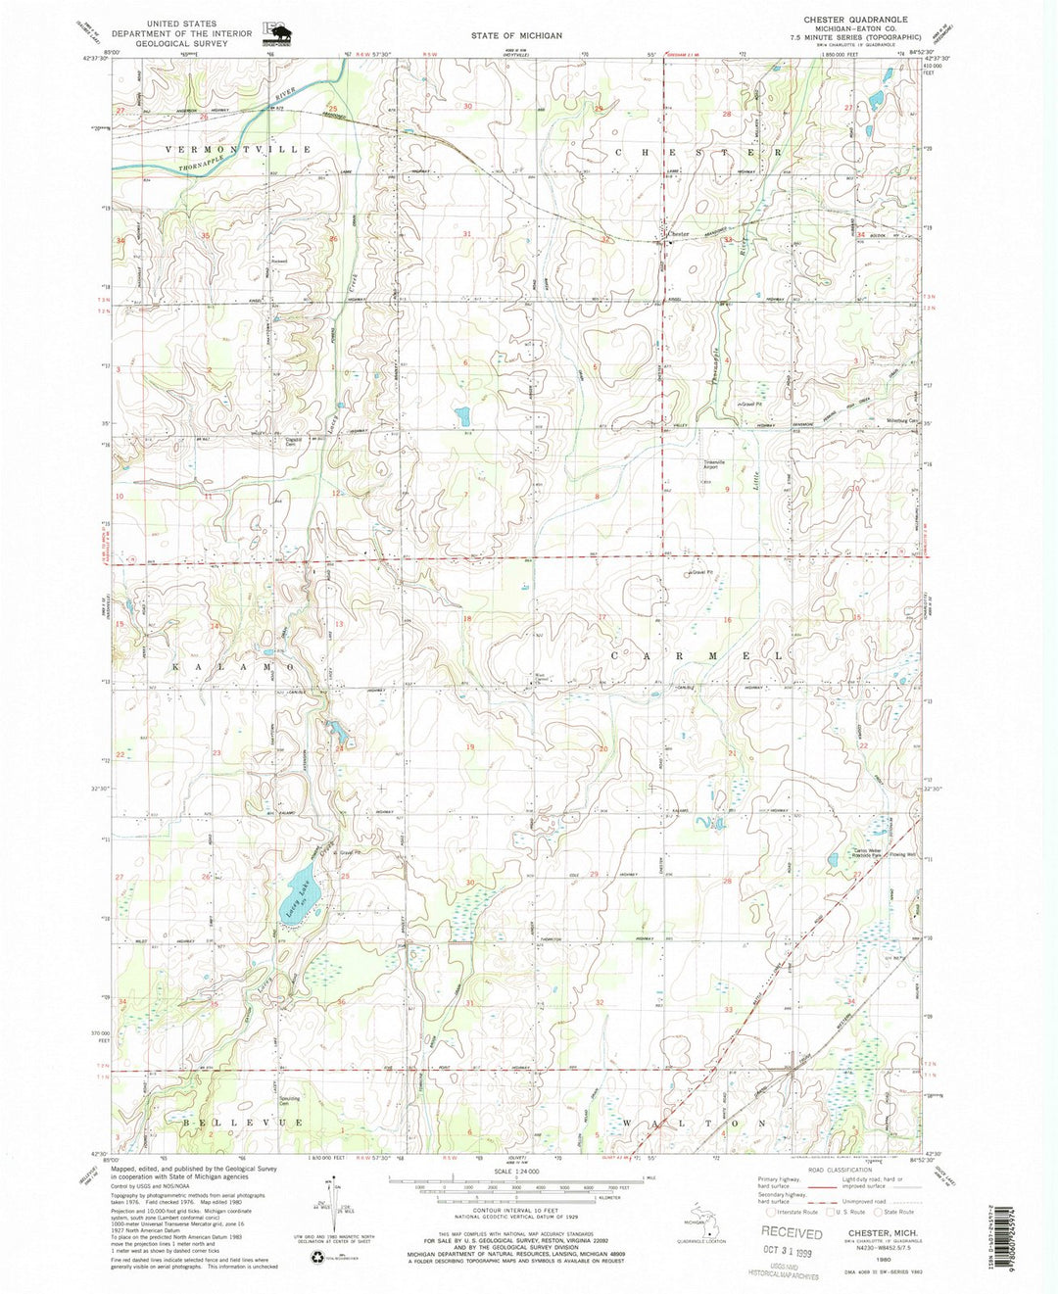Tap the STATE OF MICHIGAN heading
coord(516,35)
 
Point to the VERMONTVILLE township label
coord(238,149)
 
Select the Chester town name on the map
coord(679,235)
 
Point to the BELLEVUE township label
coord(235,1122)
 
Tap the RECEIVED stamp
coord(793,1233)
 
